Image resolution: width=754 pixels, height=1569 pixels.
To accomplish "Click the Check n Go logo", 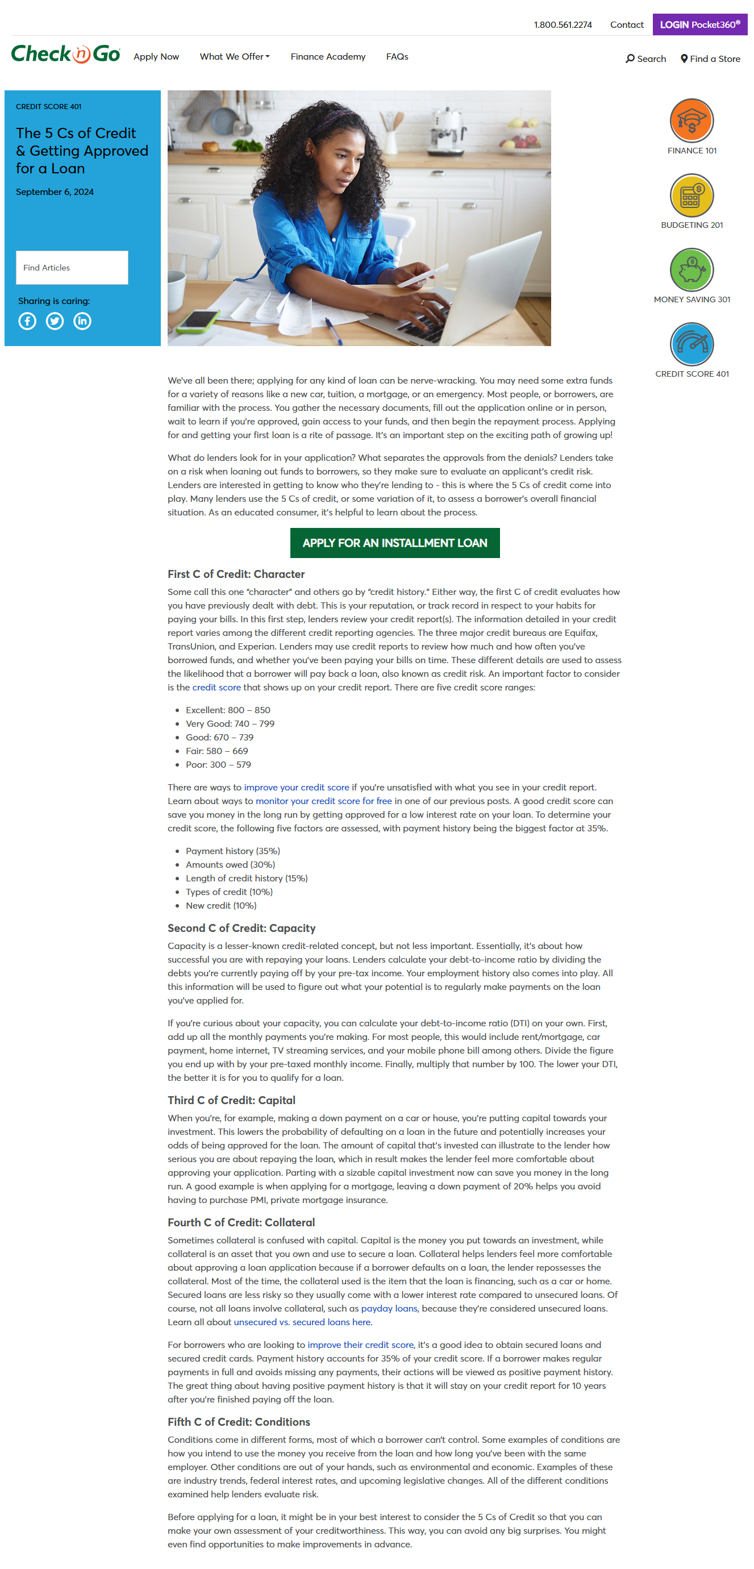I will pyautogui.click(x=65, y=54).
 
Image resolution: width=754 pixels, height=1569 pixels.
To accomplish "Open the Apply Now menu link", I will pyautogui.click(x=156, y=57).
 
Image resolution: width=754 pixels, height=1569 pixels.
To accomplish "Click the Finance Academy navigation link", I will pyautogui.click(x=328, y=57).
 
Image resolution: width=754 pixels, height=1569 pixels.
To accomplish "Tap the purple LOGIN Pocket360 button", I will pyautogui.click(x=699, y=24).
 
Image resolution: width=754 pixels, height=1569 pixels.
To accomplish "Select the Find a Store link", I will pyautogui.click(x=710, y=59).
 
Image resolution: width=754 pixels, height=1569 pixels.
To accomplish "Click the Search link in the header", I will pyautogui.click(x=645, y=59).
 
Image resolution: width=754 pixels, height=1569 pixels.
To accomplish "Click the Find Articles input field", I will pyautogui.click(x=72, y=268).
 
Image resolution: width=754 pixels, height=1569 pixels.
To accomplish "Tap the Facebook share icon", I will pyautogui.click(x=27, y=321).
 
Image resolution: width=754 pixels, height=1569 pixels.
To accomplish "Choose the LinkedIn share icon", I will pyautogui.click(x=82, y=321).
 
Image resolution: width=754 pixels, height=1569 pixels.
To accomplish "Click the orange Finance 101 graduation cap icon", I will pyautogui.click(x=691, y=120).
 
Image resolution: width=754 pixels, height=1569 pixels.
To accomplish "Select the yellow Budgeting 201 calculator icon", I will pyautogui.click(x=691, y=195).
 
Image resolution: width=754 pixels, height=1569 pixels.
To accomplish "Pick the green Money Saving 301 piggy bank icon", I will pyautogui.click(x=691, y=270).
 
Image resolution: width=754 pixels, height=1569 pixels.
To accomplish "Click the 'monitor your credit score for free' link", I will pyautogui.click(x=323, y=801).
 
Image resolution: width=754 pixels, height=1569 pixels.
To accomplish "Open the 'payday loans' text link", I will pyautogui.click(x=389, y=1308).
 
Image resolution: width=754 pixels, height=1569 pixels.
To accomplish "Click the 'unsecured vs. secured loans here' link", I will pyautogui.click(x=303, y=1322).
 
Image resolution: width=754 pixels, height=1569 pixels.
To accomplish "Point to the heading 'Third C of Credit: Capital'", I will pyautogui.click(x=231, y=1100).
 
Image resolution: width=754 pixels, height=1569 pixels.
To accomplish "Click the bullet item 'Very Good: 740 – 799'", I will pyautogui.click(x=230, y=723).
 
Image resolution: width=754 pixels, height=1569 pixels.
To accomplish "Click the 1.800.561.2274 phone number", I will pyautogui.click(x=562, y=25).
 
